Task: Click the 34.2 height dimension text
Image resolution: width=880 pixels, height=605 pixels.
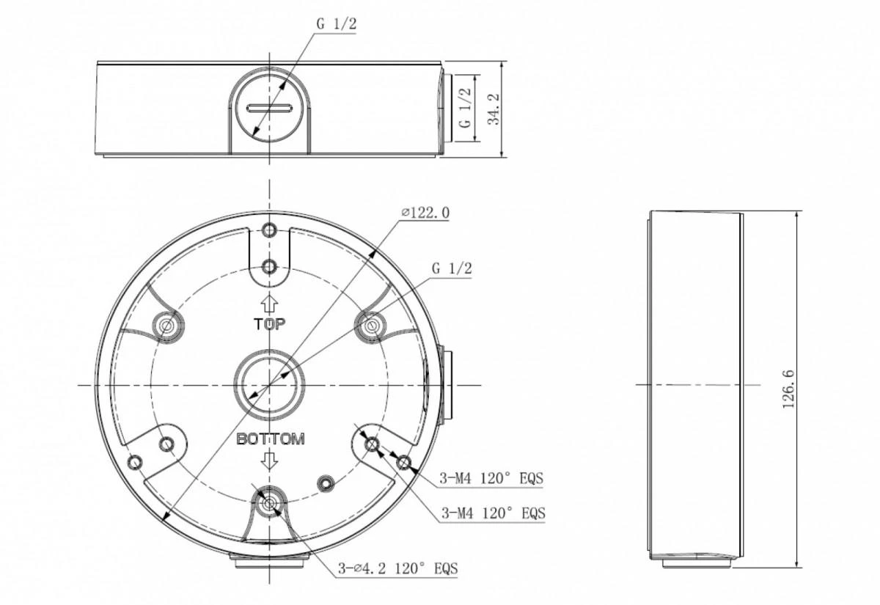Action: pyautogui.click(x=494, y=109)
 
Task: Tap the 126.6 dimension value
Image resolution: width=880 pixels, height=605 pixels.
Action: pyautogui.click(x=788, y=389)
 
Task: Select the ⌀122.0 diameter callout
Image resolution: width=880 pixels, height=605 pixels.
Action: pyautogui.click(x=425, y=213)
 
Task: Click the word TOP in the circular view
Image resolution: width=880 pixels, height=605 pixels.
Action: pyautogui.click(x=270, y=324)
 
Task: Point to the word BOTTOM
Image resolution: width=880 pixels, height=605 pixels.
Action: pyautogui.click(x=271, y=439)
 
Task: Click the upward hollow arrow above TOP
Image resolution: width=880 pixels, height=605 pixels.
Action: pyautogui.click(x=270, y=304)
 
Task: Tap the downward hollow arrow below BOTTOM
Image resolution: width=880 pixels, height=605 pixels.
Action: pyautogui.click(x=270, y=460)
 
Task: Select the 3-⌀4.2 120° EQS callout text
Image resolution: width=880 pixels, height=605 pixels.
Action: pyautogui.click(x=398, y=569)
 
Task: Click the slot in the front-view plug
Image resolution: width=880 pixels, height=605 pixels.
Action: pyautogui.click(x=269, y=108)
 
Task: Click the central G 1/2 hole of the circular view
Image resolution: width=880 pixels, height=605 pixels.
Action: pyautogui.click(x=269, y=385)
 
